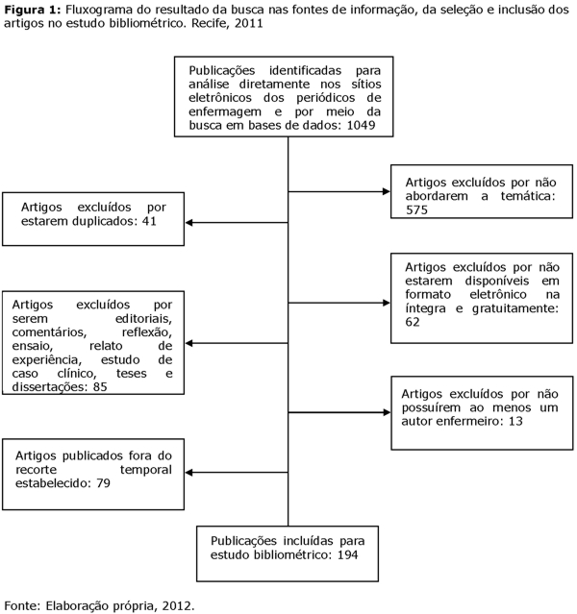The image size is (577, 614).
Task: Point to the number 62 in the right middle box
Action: coord(414,322)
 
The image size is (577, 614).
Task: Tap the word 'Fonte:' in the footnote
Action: coord(23,605)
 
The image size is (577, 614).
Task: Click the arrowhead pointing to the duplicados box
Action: coord(189,222)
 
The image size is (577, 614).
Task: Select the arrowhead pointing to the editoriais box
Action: coord(189,342)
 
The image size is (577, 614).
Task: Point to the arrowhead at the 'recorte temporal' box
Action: coord(189,473)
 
